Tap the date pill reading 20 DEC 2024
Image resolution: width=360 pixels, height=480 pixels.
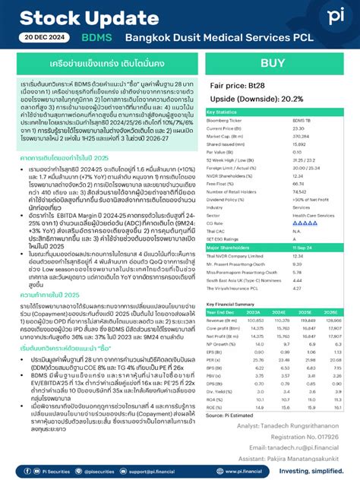[x=47, y=36]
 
